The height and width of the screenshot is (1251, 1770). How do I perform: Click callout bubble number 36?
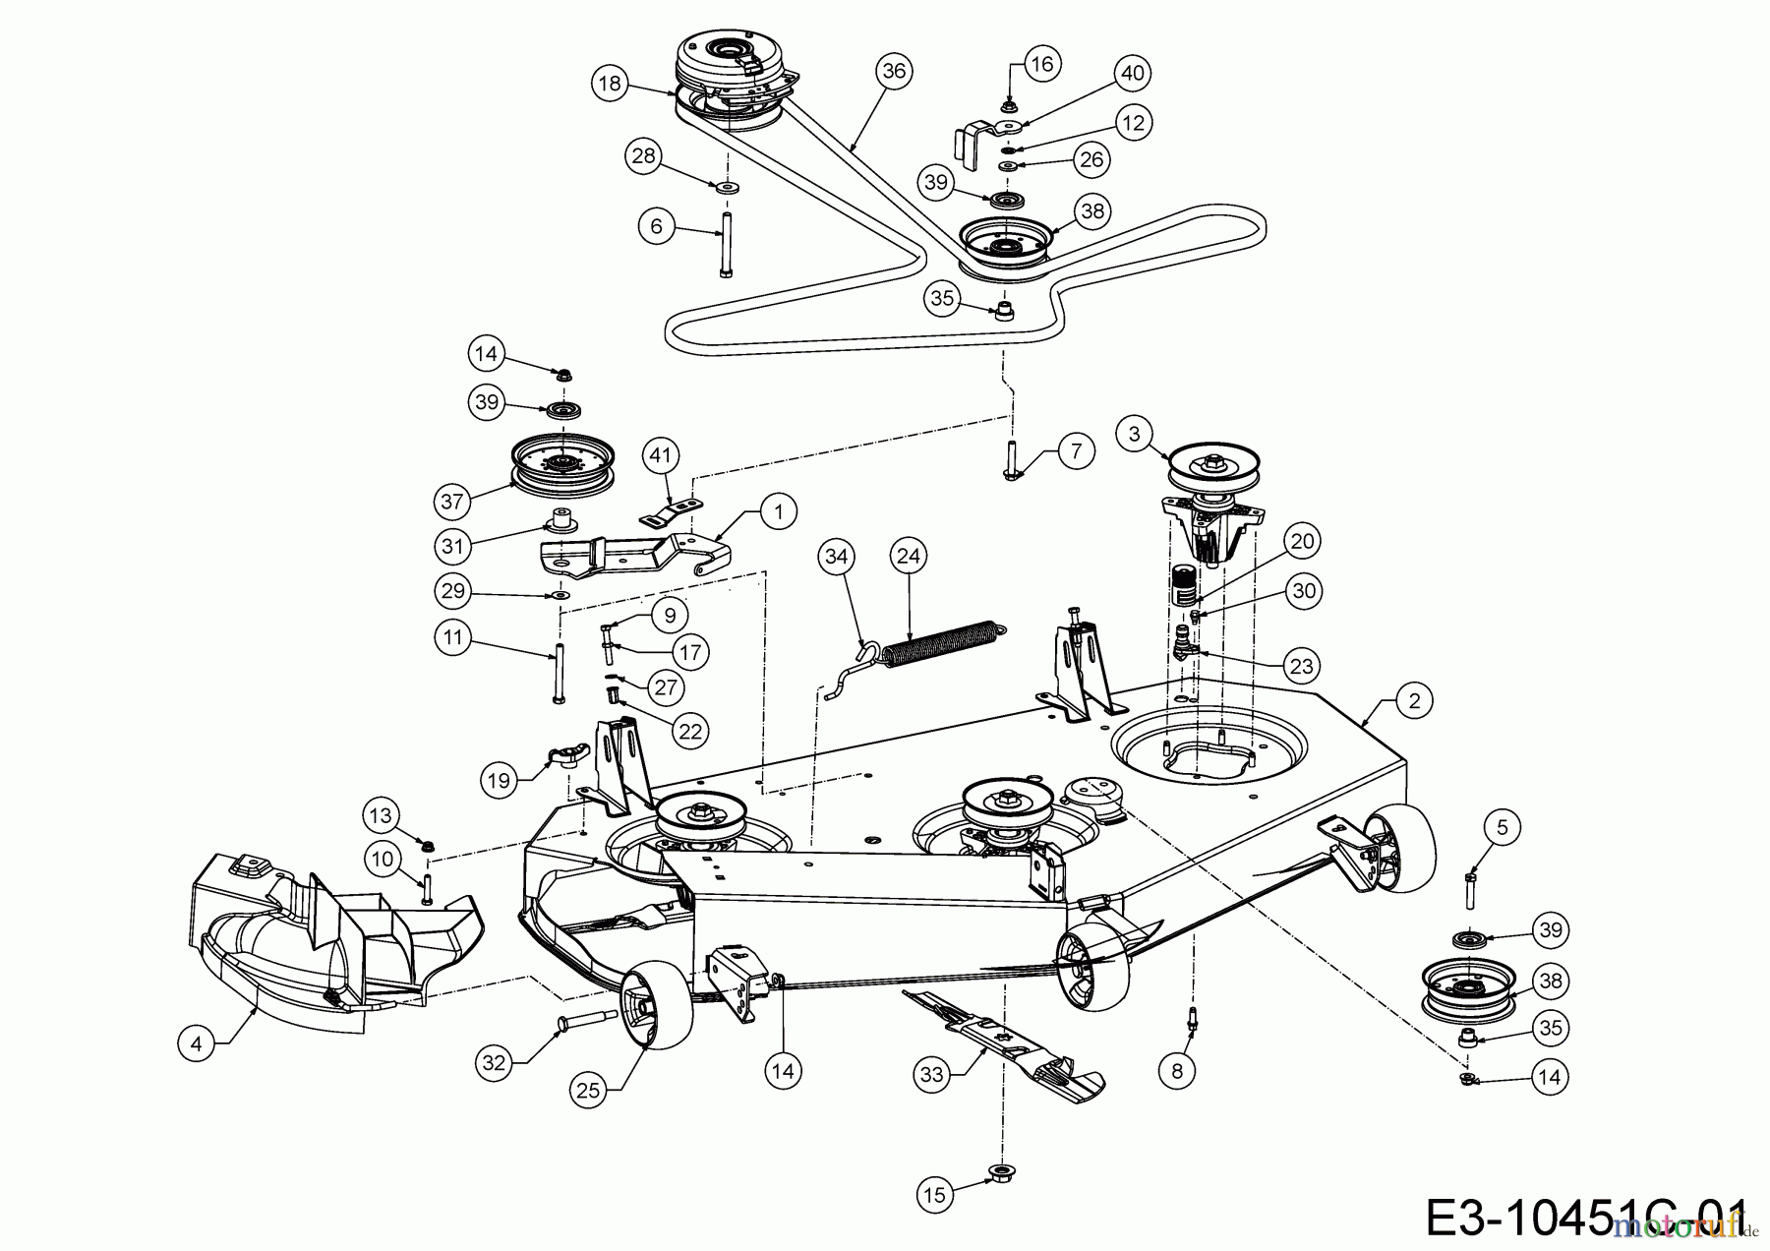click(893, 71)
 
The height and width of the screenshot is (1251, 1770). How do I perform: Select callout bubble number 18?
click(611, 83)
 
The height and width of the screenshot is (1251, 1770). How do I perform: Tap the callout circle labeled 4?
click(197, 1042)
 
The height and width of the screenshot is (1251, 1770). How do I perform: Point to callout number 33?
click(931, 1074)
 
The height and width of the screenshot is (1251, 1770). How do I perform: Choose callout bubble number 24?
click(908, 557)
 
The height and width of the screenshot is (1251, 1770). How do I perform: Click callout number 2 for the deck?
click(1414, 700)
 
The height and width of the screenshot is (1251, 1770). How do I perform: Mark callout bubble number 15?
click(934, 1194)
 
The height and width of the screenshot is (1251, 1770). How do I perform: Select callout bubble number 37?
click(452, 502)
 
